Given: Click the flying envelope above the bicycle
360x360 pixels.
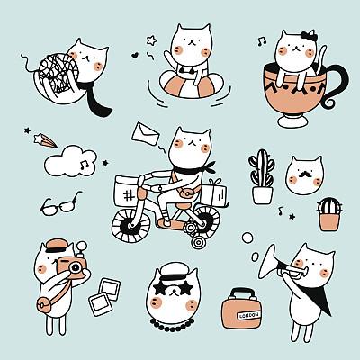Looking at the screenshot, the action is coord(146,134).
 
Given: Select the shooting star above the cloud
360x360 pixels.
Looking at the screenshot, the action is coord(45,140).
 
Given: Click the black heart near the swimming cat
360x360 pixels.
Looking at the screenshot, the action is coord(135,55).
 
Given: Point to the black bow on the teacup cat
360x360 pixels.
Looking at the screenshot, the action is coord(309,36).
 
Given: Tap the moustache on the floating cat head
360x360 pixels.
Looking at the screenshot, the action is coord(305,174).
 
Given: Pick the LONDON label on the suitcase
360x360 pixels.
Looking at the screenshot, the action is coord(249,315).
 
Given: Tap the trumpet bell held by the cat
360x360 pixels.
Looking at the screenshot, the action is coord(268,261).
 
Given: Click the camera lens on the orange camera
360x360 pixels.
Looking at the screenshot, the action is coord(75,267).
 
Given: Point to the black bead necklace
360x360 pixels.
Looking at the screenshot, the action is coord(172,326).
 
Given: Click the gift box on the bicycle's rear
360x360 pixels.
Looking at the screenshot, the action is coord(214,193).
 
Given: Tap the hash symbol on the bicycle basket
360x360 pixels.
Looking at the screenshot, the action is coord(129,196).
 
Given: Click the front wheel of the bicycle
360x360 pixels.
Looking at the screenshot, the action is coord(130,224).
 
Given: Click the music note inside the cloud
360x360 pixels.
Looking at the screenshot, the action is coord(85,164).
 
